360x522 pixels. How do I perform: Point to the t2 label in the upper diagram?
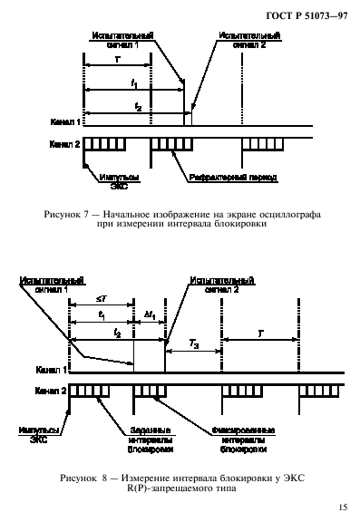point(137,105)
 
